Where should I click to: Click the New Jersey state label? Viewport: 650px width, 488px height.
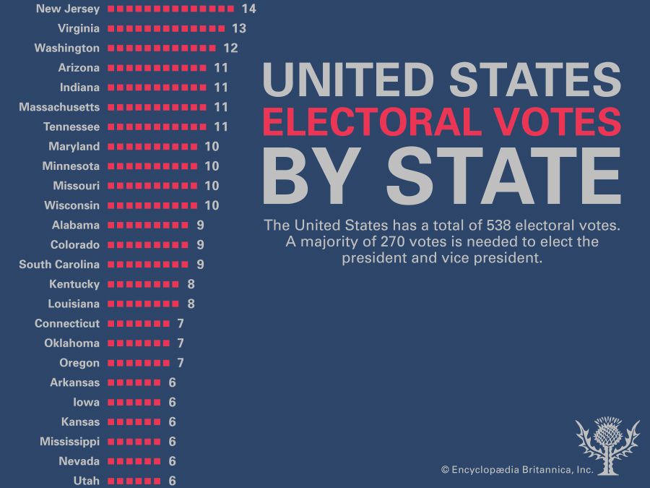coord(67,9)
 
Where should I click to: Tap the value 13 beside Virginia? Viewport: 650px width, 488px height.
coord(239,28)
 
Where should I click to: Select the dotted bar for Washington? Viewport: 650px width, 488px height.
coord(165,48)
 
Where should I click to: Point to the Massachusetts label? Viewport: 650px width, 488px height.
coord(59,107)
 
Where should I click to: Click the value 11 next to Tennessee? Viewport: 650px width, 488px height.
coord(221,127)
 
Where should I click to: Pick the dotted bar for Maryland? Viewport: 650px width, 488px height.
coord(156,146)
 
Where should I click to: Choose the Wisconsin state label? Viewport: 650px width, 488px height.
coord(71,205)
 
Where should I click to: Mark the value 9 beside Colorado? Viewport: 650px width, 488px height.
coord(201,244)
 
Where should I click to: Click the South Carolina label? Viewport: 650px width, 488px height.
coord(59,265)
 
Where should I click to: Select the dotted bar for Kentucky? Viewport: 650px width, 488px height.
coord(147,284)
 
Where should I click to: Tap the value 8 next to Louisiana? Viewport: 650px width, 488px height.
coord(191,304)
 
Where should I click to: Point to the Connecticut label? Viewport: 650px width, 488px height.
coord(67,323)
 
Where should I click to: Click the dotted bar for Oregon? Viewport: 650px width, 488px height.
coord(142,363)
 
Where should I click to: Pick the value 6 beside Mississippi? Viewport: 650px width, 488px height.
coord(173,442)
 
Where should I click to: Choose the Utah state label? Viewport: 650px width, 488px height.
coord(86,481)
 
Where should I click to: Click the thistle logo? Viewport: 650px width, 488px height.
coord(607,445)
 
